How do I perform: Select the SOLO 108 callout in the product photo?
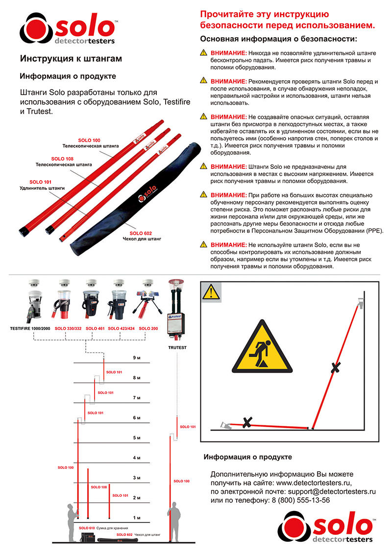click(x=62, y=159)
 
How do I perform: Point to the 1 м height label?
click(x=137, y=517)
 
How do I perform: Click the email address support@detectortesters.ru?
click(x=332, y=491)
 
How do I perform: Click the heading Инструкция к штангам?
click(x=71, y=59)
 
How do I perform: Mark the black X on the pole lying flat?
click(x=248, y=421)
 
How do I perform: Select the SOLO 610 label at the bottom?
click(x=87, y=529)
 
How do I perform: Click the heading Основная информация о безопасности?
click(x=279, y=38)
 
